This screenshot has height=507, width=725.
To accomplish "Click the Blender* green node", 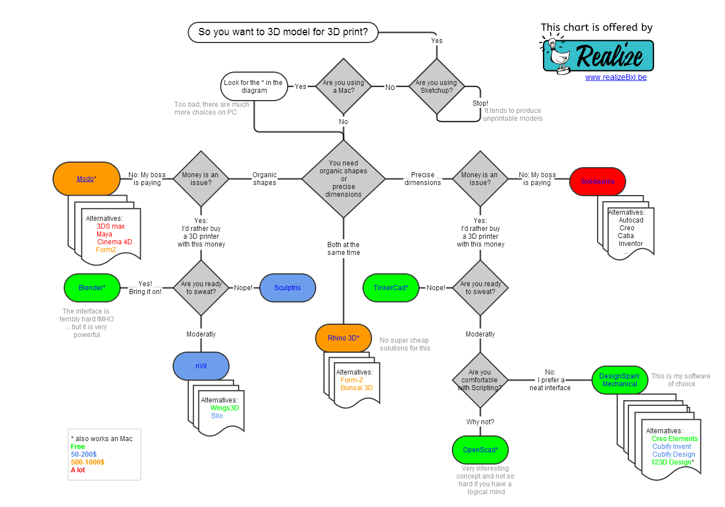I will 92,288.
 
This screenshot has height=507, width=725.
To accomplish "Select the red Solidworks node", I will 597,182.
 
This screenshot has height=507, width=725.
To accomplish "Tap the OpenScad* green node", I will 480,450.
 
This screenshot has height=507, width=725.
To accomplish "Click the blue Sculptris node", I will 288,288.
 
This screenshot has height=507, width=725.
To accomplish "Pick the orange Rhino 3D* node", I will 344,338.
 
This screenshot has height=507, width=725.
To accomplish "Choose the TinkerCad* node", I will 391,288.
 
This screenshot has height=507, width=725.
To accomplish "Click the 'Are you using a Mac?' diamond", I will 344,87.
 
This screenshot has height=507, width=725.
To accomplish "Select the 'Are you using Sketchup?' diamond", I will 436,87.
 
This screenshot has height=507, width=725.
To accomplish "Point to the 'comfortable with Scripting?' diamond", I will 480,380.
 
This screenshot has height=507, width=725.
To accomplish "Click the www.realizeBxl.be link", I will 616,78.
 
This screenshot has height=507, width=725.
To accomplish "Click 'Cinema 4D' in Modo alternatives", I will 115,242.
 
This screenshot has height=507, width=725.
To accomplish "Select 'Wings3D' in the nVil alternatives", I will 224,408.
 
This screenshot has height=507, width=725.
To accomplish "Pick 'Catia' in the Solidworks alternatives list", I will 626,236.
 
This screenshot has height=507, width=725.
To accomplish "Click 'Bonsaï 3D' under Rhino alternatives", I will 356,388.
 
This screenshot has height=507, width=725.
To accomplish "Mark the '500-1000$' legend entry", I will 88,462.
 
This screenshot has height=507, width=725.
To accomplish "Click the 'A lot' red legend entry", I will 78,470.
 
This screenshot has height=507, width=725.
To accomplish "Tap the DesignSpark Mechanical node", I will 619,380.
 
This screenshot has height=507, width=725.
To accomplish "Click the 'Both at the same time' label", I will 344,249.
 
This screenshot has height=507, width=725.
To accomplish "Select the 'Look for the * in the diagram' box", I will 254,87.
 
